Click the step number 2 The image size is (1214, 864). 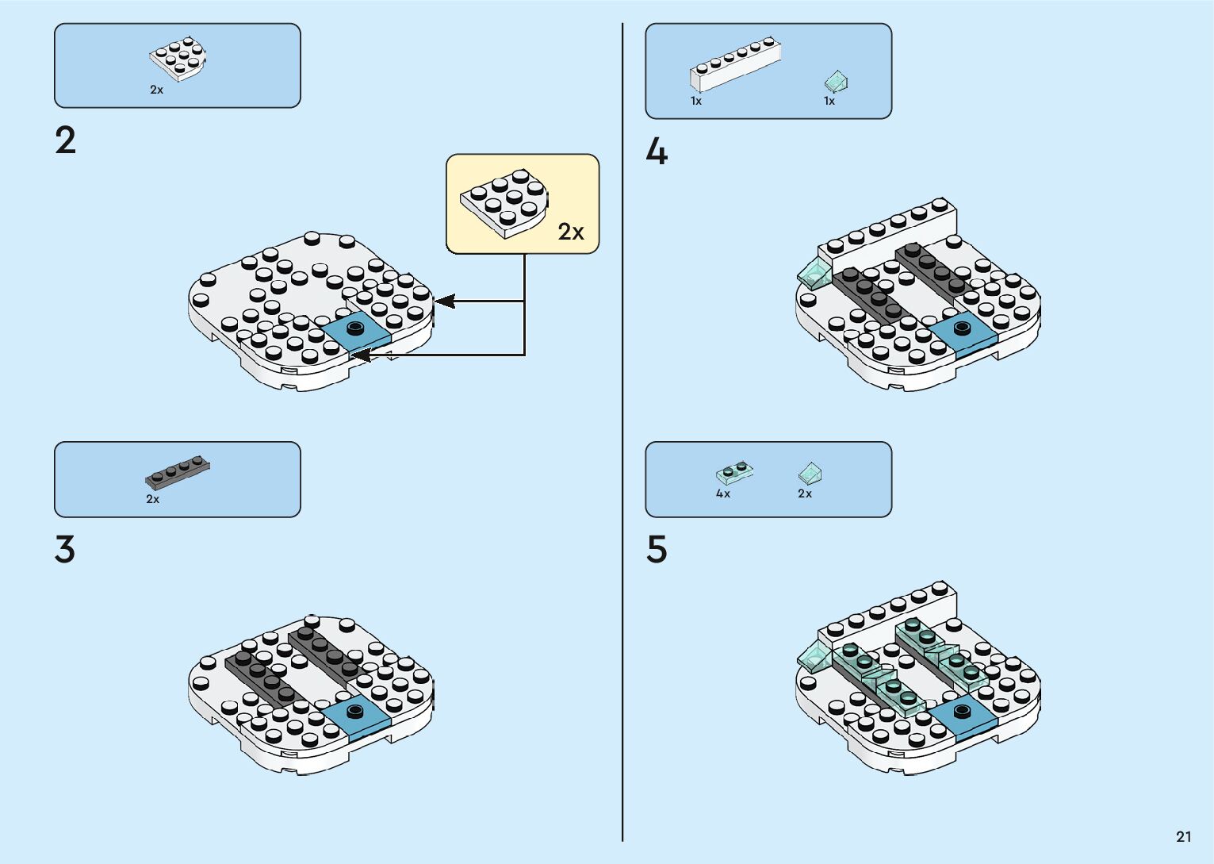[x=66, y=140]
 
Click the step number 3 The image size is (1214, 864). [x=65, y=549]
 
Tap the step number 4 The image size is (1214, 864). [x=657, y=152]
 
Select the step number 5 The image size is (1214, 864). [x=657, y=549]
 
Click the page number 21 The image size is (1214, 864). [x=1183, y=836]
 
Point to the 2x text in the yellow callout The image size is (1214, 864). [x=570, y=232]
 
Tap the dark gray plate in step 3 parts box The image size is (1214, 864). [x=178, y=472]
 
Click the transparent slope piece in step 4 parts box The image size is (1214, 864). [x=836, y=81]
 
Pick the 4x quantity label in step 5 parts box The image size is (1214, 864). [x=723, y=493]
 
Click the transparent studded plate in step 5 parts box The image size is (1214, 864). [x=734, y=473]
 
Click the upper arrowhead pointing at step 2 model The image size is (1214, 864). [x=444, y=301]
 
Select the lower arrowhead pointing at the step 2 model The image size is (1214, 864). [x=360, y=355]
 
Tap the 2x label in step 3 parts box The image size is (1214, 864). [x=153, y=499]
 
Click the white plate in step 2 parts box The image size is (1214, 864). [x=178, y=58]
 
